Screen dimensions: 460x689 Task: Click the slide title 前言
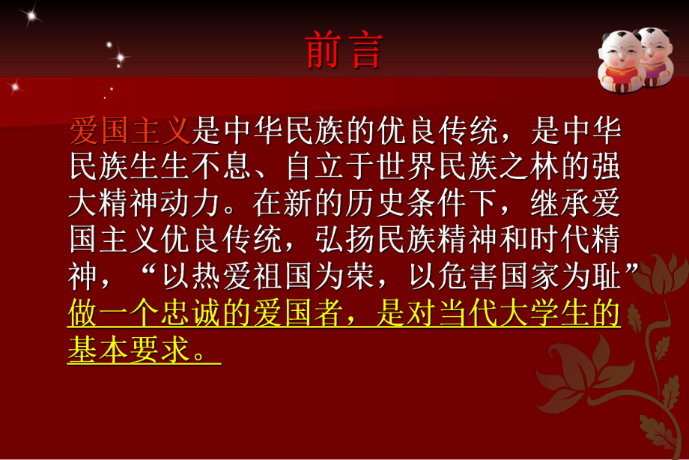tap(344, 51)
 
